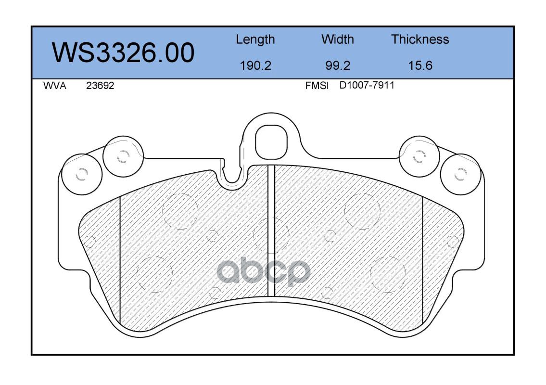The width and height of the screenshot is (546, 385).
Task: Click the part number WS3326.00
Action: tap(123, 52)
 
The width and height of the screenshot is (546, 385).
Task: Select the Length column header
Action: tap(255, 40)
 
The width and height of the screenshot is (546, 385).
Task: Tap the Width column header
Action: tap(337, 39)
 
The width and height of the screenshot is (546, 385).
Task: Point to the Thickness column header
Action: tap(420, 39)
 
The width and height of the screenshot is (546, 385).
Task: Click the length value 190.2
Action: tap(255, 65)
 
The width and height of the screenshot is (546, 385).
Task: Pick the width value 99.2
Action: tap(337, 65)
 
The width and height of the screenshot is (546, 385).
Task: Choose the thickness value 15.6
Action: tap(420, 65)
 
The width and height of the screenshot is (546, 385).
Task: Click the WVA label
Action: tap(55, 86)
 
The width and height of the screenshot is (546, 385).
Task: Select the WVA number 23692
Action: tap(100, 86)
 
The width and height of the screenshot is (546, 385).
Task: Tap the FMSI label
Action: tap(317, 86)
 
